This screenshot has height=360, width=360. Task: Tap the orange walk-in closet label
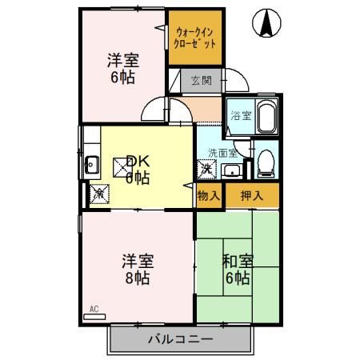(194, 37)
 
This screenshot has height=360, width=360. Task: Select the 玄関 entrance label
(201, 80)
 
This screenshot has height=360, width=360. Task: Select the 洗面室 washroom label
(222, 153)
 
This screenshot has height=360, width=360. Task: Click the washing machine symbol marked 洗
(206, 169)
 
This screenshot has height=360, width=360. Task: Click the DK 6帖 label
(137, 169)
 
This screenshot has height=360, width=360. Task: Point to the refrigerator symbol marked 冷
(98, 193)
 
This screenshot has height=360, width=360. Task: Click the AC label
(93, 309)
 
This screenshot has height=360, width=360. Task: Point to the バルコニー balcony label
(180, 339)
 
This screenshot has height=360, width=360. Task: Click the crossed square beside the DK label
(120, 167)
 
